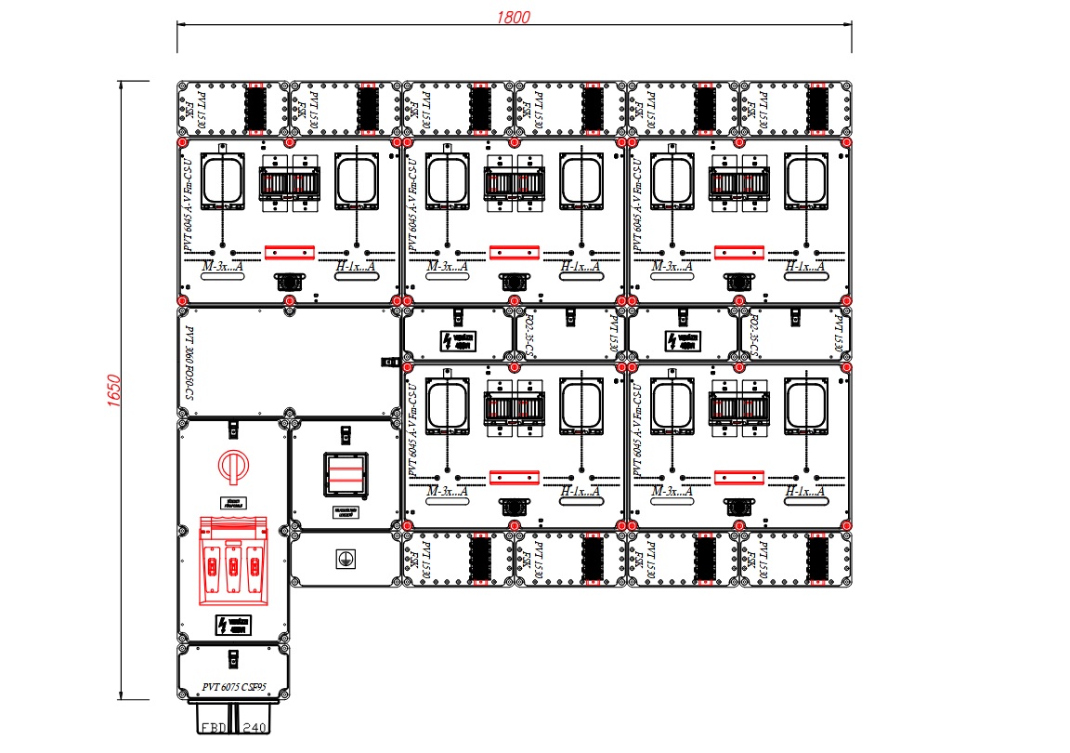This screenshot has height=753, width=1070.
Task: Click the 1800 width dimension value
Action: [514, 18]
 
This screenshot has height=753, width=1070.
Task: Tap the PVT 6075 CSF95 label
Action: [232, 689]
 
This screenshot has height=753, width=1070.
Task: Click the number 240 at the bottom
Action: [254, 729]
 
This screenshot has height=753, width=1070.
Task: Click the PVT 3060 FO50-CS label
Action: [189, 363]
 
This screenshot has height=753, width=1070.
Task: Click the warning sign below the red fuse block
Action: [233, 625]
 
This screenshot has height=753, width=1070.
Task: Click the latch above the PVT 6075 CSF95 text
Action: [232, 658]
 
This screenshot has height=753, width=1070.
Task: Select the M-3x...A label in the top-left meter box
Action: [221, 267]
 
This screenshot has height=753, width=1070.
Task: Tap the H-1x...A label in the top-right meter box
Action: [806, 267]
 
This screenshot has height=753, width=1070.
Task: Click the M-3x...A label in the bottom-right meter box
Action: [672, 491]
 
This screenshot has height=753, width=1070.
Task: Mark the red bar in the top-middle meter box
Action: [515, 251]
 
